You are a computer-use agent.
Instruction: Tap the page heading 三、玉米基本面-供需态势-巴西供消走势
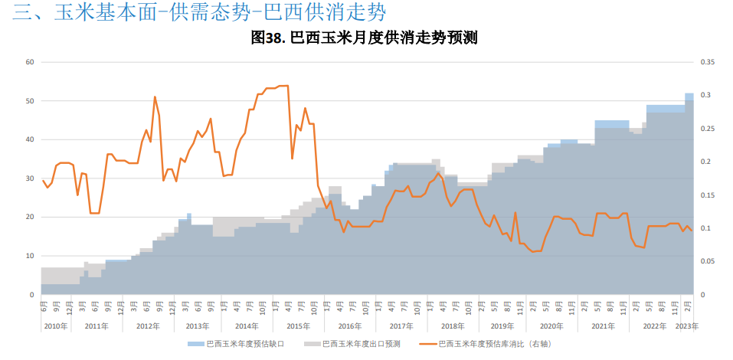point(199,12)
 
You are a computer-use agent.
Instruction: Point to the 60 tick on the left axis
point(30,62)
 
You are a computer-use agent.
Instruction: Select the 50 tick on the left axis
point(30,101)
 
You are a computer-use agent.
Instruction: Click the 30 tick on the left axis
point(30,178)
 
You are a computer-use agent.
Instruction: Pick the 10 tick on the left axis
point(30,256)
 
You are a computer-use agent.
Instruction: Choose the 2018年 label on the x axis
point(452,326)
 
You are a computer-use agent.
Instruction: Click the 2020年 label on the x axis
point(551,326)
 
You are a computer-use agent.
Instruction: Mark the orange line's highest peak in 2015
point(285,86)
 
